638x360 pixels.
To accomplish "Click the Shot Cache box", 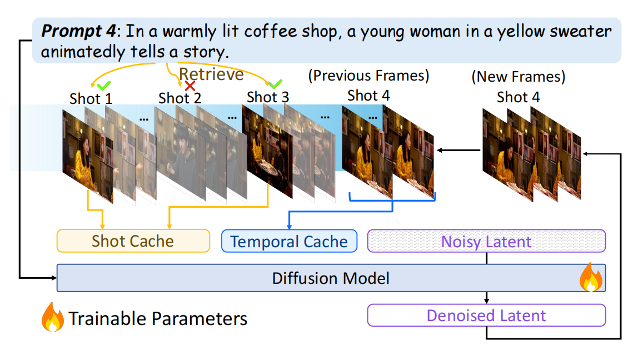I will point(133,241).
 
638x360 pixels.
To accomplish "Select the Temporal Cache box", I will point(289,242).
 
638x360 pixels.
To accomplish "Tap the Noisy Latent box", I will point(486,242).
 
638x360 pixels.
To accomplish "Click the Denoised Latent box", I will point(486,316).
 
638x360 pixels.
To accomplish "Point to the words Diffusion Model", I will point(331,278).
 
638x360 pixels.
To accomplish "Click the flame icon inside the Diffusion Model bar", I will point(590,278).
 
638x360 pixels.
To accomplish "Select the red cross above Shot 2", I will point(190,86).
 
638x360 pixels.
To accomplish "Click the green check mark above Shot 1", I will point(103,86).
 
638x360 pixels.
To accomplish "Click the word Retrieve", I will point(211,74).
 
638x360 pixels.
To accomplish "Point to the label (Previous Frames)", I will point(369,76).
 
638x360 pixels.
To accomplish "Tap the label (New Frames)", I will point(518,77).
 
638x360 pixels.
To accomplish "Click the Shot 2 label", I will point(180,98).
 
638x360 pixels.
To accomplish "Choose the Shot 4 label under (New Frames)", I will point(518,97).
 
